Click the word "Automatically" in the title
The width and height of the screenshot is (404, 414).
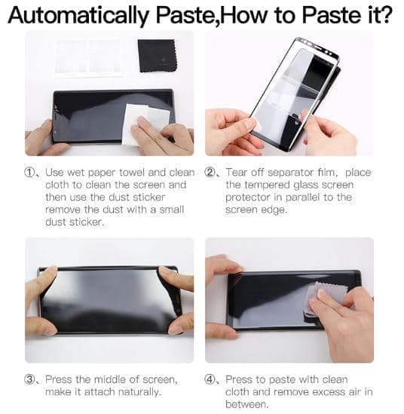pyautogui.click(x=78, y=15)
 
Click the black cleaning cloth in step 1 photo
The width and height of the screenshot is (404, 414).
pyautogui.click(x=157, y=56)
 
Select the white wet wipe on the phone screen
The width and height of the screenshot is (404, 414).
pyautogui.click(x=145, y=124)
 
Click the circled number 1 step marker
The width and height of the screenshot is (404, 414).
pyautogui.click(x=29, y=173)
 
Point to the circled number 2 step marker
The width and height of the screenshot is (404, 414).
pyautogui.click(x=210, y=173)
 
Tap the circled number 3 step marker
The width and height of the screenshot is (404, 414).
pyautogui.click(x=29, y=379)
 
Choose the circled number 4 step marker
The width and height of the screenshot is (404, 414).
pyautogui.click(x=210, y=379)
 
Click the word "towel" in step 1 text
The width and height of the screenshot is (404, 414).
pyautogui.click(x=132, y=173)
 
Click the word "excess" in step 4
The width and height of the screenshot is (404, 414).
pyautogui.click(x=327, y=392)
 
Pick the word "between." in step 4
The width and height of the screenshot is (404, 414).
pyautogui.click(x=247, y=404)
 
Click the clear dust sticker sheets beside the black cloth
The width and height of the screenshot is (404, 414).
pyautogui.click(x=88, y=57)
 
